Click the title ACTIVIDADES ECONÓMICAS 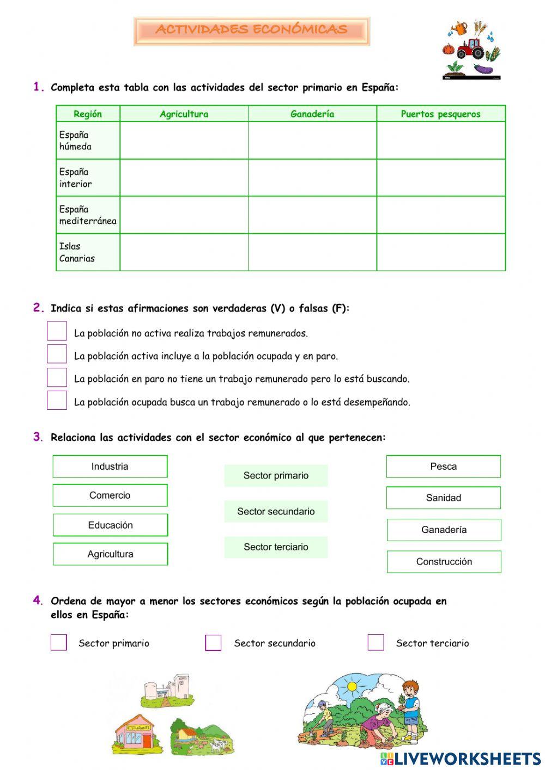coord(251,30)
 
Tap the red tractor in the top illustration coord(470,48)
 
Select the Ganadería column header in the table coord(312,114)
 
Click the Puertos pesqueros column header coord(440,114)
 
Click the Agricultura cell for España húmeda coord(184,141)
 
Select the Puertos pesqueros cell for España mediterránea coord(440,215)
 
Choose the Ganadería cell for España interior coord(312,178)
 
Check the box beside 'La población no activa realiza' coord(57,331)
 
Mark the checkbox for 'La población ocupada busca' coord(57,401)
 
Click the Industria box coord(110,466)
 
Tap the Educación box coord(111,525)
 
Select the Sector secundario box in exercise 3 coord(276,512)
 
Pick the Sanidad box coord(444,498)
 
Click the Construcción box coord(444,562)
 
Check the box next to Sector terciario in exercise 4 coord(376,642)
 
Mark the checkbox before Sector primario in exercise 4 coord(59,642)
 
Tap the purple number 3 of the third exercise coord(37,436)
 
